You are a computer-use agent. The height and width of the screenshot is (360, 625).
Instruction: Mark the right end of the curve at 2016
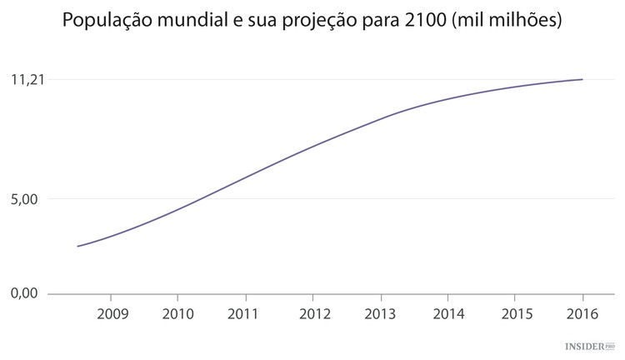click(582, 79)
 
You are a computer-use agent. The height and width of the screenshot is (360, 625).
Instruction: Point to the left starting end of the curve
click(77, 247)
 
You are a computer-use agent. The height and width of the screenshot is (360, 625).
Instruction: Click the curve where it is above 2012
click(312, 147)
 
